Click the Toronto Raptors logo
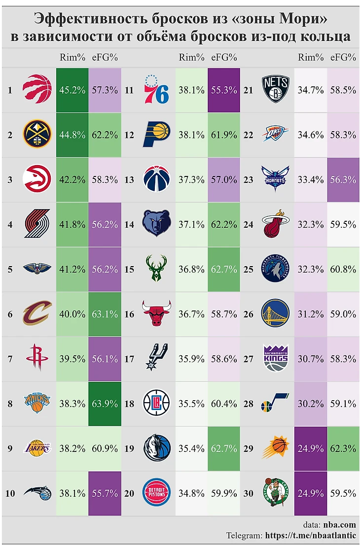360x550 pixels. click(x=37, y=90)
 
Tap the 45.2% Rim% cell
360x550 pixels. click(x=72, y=90)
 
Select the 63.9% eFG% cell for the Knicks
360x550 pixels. click(x=105, y=404)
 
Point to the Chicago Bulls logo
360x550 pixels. click(x=156, y=314)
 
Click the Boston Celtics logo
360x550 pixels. click(x=276, y=493)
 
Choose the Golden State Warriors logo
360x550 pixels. click(x=276, y=314)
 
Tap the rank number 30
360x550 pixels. click(x=249, y=493)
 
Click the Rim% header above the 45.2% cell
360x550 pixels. click(x=72, y=57)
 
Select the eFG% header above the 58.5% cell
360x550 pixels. click(x=343, y=57)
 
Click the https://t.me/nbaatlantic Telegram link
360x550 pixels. click(x=311, y=535)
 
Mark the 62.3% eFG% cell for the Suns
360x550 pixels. click(x=343, y=448)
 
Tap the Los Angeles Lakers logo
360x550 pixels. click(x=37, y=448)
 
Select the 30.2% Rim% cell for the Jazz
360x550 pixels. click(x=311, y=404)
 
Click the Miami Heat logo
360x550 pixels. click(x=276, y=224)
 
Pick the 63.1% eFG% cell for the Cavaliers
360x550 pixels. click(x=105, y=314)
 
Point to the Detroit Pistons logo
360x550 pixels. click(x=156, y=493)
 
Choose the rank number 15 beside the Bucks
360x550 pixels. click(x=129, y=269)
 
